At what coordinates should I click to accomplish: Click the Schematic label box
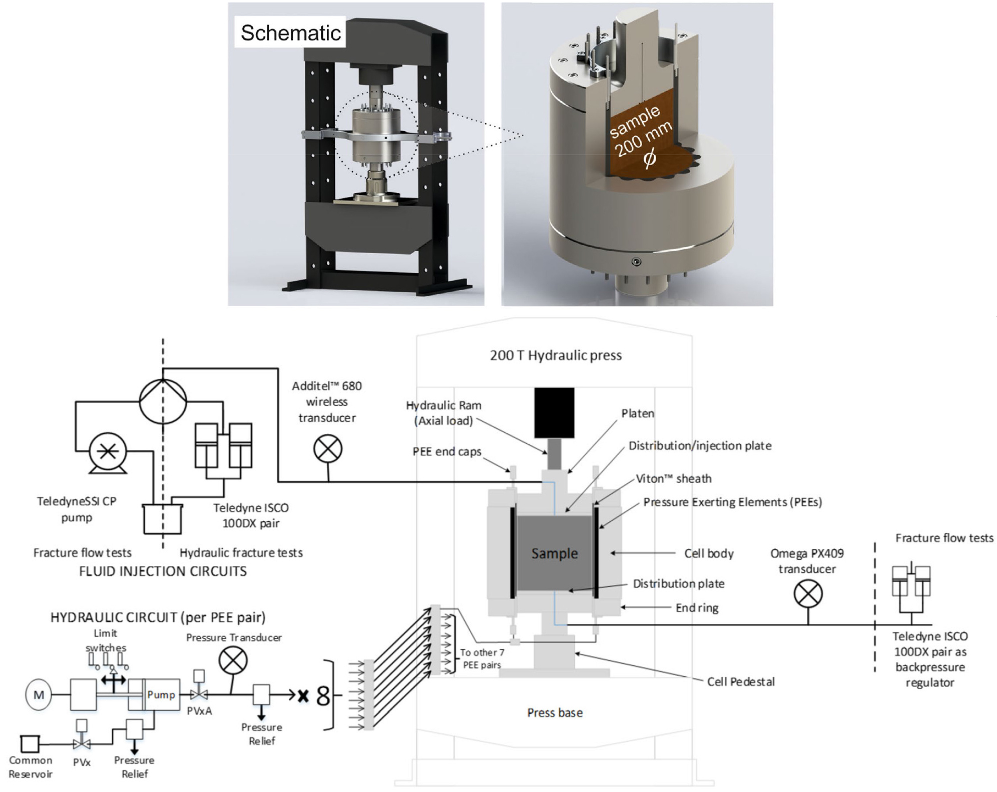pos(290,33)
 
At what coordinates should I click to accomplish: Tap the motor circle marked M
pos(39,694)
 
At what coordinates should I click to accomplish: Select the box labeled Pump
pos(160,694)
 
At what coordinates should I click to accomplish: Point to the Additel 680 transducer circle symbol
pos(328,448)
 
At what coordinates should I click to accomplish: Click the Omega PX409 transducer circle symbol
pos(808,594)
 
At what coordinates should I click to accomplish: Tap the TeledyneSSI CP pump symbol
pos(108,452)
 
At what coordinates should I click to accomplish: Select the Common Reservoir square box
pos(30,744)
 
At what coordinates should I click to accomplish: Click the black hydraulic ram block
pos(554,413)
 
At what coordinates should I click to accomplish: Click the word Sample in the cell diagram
pos(554,553)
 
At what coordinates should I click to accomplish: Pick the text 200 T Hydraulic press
pos(556,355)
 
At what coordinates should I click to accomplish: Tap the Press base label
pos(555,712)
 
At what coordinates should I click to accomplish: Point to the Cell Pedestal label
pos(740,681)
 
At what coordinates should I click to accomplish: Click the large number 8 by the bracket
pos(323,696)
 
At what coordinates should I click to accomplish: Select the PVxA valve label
pos(199,711)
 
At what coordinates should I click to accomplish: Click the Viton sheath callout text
pos(673,478)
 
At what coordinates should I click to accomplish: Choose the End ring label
pos(697,607)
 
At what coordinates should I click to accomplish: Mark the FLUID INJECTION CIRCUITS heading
pos(163,571)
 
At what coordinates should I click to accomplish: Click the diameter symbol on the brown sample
pos(649,159)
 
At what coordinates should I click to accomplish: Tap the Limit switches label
pos(106,640)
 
